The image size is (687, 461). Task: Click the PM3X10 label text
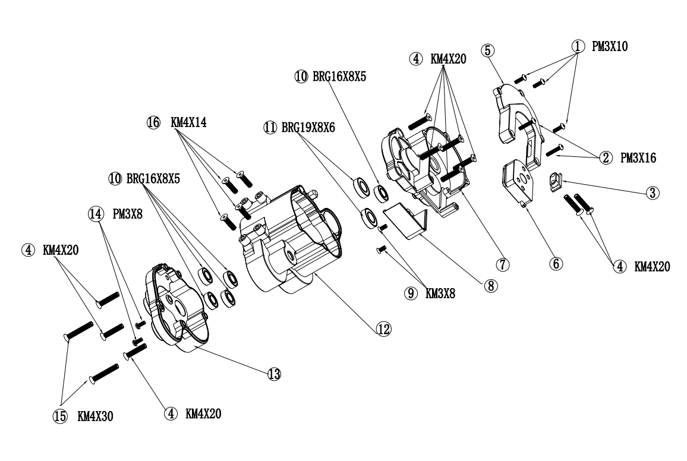click(x=610, y=46)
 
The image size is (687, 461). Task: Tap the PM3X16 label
click(x=638, y=157)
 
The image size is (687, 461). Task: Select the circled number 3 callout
click(x=653, y=192)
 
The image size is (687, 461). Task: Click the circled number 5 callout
click(x=488, y=50)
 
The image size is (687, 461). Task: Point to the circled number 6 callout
click(x=556, y=264)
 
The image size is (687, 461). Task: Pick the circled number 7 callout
click(x=503, y=264)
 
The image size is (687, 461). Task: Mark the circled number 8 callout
click(x=491, y=286)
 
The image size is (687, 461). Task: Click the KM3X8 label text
click(x=440, y=293)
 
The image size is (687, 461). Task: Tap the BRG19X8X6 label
click(x=308, y=127)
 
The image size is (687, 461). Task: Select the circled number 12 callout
click(x=383, y=329)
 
